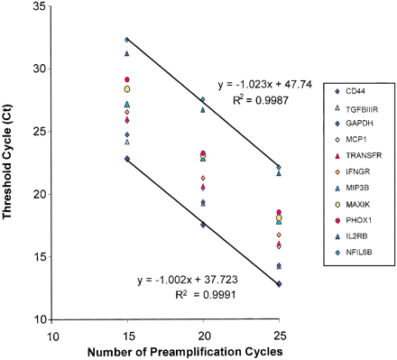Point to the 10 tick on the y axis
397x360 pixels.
pyautogui.click(x=42, y=319)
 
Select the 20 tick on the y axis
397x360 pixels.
pyautogui.click(x=42, y=194)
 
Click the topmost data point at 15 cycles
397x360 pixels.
pyautogui.click(x=127, y=39)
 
